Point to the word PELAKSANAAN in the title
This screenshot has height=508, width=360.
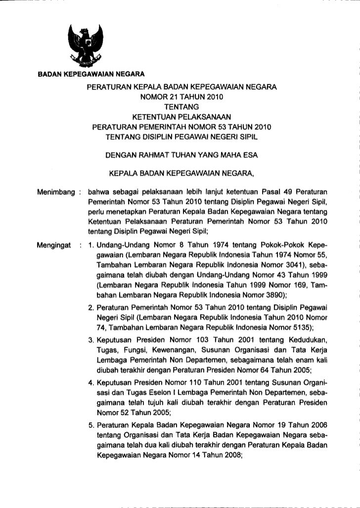click(x=202, y=117)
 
